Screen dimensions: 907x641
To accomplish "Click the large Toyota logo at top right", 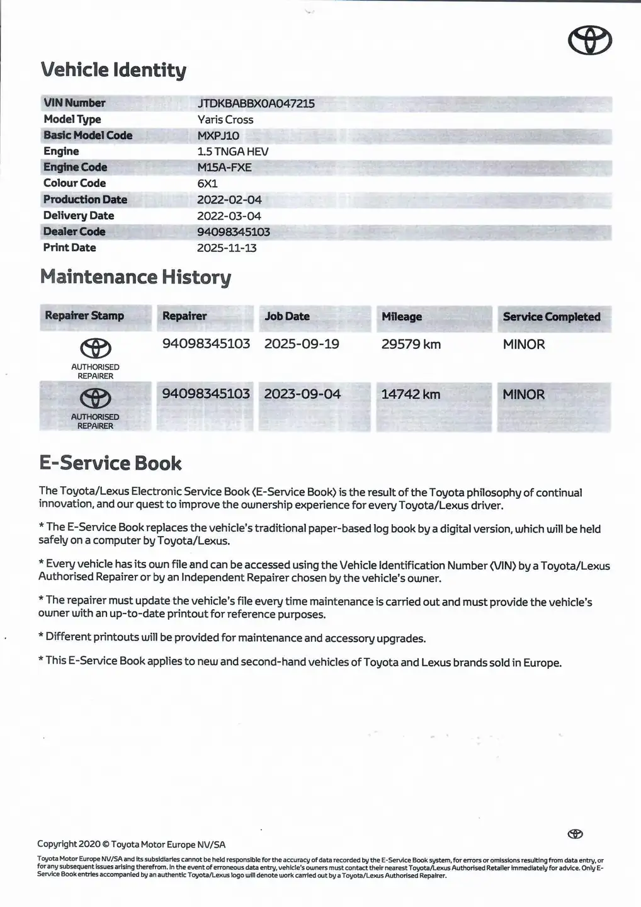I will pos(590,41).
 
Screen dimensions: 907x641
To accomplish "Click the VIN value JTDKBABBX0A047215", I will pos(256,103).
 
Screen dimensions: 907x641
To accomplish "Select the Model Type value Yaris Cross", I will pos(225,120).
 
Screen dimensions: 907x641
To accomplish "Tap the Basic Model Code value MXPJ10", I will pos(218,135).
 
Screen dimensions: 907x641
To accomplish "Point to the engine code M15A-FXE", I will pos(224,168).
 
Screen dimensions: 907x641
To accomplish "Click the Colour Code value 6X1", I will pos(207,184).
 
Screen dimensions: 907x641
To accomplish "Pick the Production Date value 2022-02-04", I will pos(229,200).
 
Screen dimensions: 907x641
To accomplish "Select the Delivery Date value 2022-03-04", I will pos(229,216).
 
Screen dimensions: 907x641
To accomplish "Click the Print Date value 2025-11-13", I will pos(227,248).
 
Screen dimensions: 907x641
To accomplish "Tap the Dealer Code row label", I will pos(74,232).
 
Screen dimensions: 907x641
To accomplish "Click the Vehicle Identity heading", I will pos(113,70).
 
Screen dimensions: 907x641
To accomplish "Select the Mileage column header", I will pos(402,317).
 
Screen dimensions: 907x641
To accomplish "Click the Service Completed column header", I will pos(552,317).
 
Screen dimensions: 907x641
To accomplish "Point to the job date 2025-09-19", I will pos(302,344).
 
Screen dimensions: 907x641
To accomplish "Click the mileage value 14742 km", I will pos(411,394).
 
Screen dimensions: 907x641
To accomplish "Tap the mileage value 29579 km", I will pos(411,345).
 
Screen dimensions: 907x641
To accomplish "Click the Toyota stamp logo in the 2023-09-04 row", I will pos(95,398).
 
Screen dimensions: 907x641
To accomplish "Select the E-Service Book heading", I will pos(110,464).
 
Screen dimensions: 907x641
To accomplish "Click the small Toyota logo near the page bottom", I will pos(575,834).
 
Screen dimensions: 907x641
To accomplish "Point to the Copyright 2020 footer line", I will pos(131,845).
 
